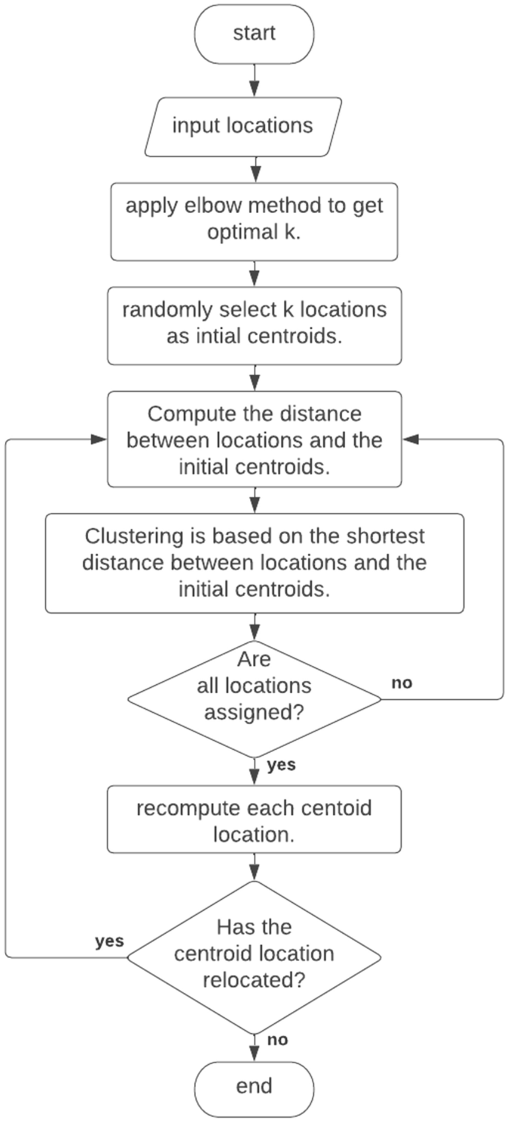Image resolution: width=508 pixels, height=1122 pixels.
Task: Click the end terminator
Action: point(255,1086)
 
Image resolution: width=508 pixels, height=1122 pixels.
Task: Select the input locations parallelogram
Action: point(243,126)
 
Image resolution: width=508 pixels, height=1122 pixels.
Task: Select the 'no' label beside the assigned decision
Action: point(402,682)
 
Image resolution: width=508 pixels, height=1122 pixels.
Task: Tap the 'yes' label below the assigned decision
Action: point(281,765)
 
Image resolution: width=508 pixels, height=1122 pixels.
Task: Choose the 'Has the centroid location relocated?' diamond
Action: point(255,953)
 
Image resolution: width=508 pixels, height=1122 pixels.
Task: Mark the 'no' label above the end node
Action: point(277,1040)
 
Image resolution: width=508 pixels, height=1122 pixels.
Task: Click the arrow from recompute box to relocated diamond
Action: point(255,866)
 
